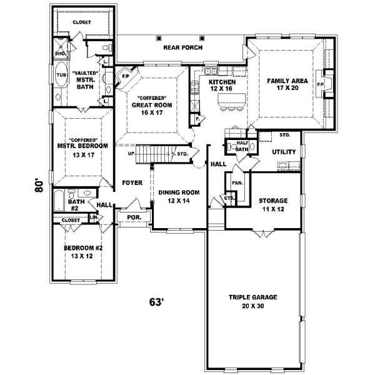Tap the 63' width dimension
click(x=156, y=302)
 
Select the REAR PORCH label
click(x=181, y=47)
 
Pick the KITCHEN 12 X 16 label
click(x=222, y=86)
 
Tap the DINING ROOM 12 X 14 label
click(x=178, y=196)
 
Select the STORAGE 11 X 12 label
click(x=273, y=204)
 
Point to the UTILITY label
click(x=284, y=152)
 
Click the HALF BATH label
click(x=242, y=146)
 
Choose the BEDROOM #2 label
click(x=82, y=252)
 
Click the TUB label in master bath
click(x=61, y=74)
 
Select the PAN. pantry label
click(x=237, y=183)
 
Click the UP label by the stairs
click(x=131, y=153)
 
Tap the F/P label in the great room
click(x=125, y=77)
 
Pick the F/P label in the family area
click(x=321, y=84)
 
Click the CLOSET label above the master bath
click(x=81, y=22)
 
